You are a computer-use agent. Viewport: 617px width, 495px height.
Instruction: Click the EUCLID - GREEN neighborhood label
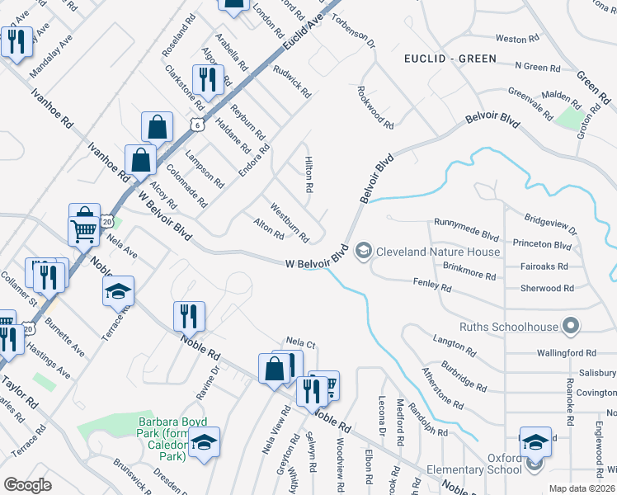click(x=450, y=59)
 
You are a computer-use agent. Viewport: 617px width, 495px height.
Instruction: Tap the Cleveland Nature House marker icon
click(x=364, y=251)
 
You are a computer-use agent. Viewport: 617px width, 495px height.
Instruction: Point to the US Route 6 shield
click(x=195, y=125)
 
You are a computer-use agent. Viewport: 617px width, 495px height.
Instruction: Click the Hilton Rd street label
click(x=308, y=175)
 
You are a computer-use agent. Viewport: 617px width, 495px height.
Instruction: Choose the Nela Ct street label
click(x=301, y=342)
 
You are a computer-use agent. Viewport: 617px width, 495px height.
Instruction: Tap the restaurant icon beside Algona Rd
click(x=208, y=79)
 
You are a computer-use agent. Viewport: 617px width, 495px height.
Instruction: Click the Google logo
click(x=28, y=484)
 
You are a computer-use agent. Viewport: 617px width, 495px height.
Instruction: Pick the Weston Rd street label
click(x=511, y=39)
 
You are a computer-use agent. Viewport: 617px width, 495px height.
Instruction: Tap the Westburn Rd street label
click(x=289, y=223)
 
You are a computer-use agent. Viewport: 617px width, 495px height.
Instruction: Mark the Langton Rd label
click(x=454, y=346)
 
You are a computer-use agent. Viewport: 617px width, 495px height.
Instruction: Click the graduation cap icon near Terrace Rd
click(x=118, y=290)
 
